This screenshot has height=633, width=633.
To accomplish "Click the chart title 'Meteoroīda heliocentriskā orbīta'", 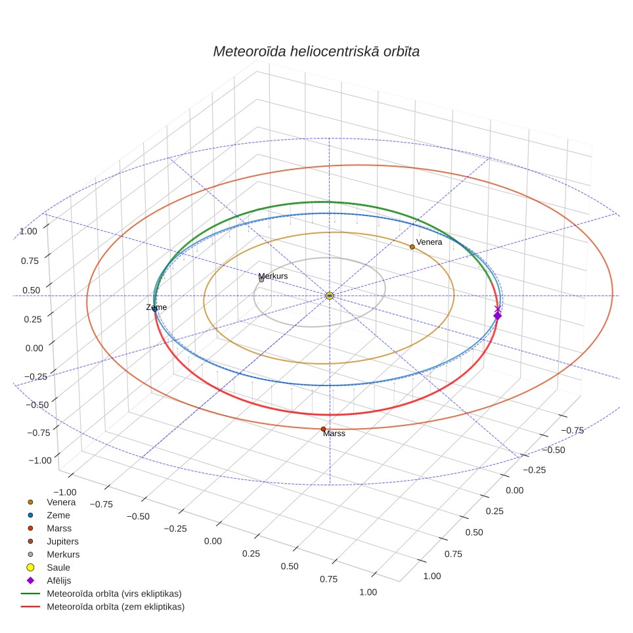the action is coord(316,51).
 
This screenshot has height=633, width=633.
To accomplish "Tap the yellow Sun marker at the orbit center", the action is coord(330,296).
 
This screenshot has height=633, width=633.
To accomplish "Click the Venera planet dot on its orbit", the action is coord(412,247).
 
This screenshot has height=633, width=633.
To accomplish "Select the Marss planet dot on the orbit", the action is coord(323,429).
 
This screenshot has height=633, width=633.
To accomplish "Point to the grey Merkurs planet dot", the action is coord(261,279).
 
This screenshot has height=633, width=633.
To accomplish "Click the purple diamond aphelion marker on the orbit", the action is coord(498,316).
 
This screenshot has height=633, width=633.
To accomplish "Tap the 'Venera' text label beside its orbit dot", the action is coord(429,242).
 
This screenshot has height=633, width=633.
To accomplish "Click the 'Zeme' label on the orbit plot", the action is coord(156,307).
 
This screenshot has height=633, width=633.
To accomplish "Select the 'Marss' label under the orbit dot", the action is coord(334,433).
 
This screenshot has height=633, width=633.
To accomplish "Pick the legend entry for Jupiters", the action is coord(62,541).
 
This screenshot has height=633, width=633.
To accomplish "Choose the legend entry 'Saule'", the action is coord(58,567).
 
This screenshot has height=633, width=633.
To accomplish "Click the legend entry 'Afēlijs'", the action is coord(59,580).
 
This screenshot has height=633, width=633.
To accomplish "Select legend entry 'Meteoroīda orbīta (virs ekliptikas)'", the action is coord(114,594).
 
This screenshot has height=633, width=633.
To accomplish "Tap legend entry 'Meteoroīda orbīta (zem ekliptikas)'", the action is coord(116,607).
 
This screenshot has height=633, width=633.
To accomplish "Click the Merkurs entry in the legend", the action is coord(63,554).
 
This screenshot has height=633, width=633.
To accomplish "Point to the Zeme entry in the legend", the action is coord(58,515).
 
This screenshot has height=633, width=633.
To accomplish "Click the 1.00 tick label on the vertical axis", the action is coord(28,231).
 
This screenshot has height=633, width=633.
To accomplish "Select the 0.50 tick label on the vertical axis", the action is coord(31,290).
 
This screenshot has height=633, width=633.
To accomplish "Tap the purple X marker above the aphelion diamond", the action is coord(497,309).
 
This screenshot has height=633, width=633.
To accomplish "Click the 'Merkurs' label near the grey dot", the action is coord(273,276).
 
